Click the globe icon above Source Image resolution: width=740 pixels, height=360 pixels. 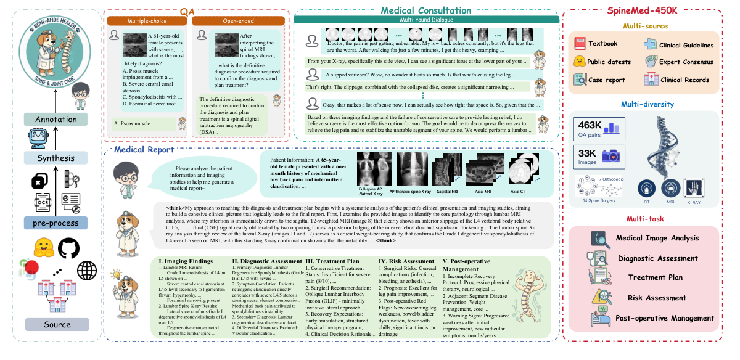pos(88,271)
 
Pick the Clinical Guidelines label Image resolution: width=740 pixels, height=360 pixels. pos(686,45)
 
